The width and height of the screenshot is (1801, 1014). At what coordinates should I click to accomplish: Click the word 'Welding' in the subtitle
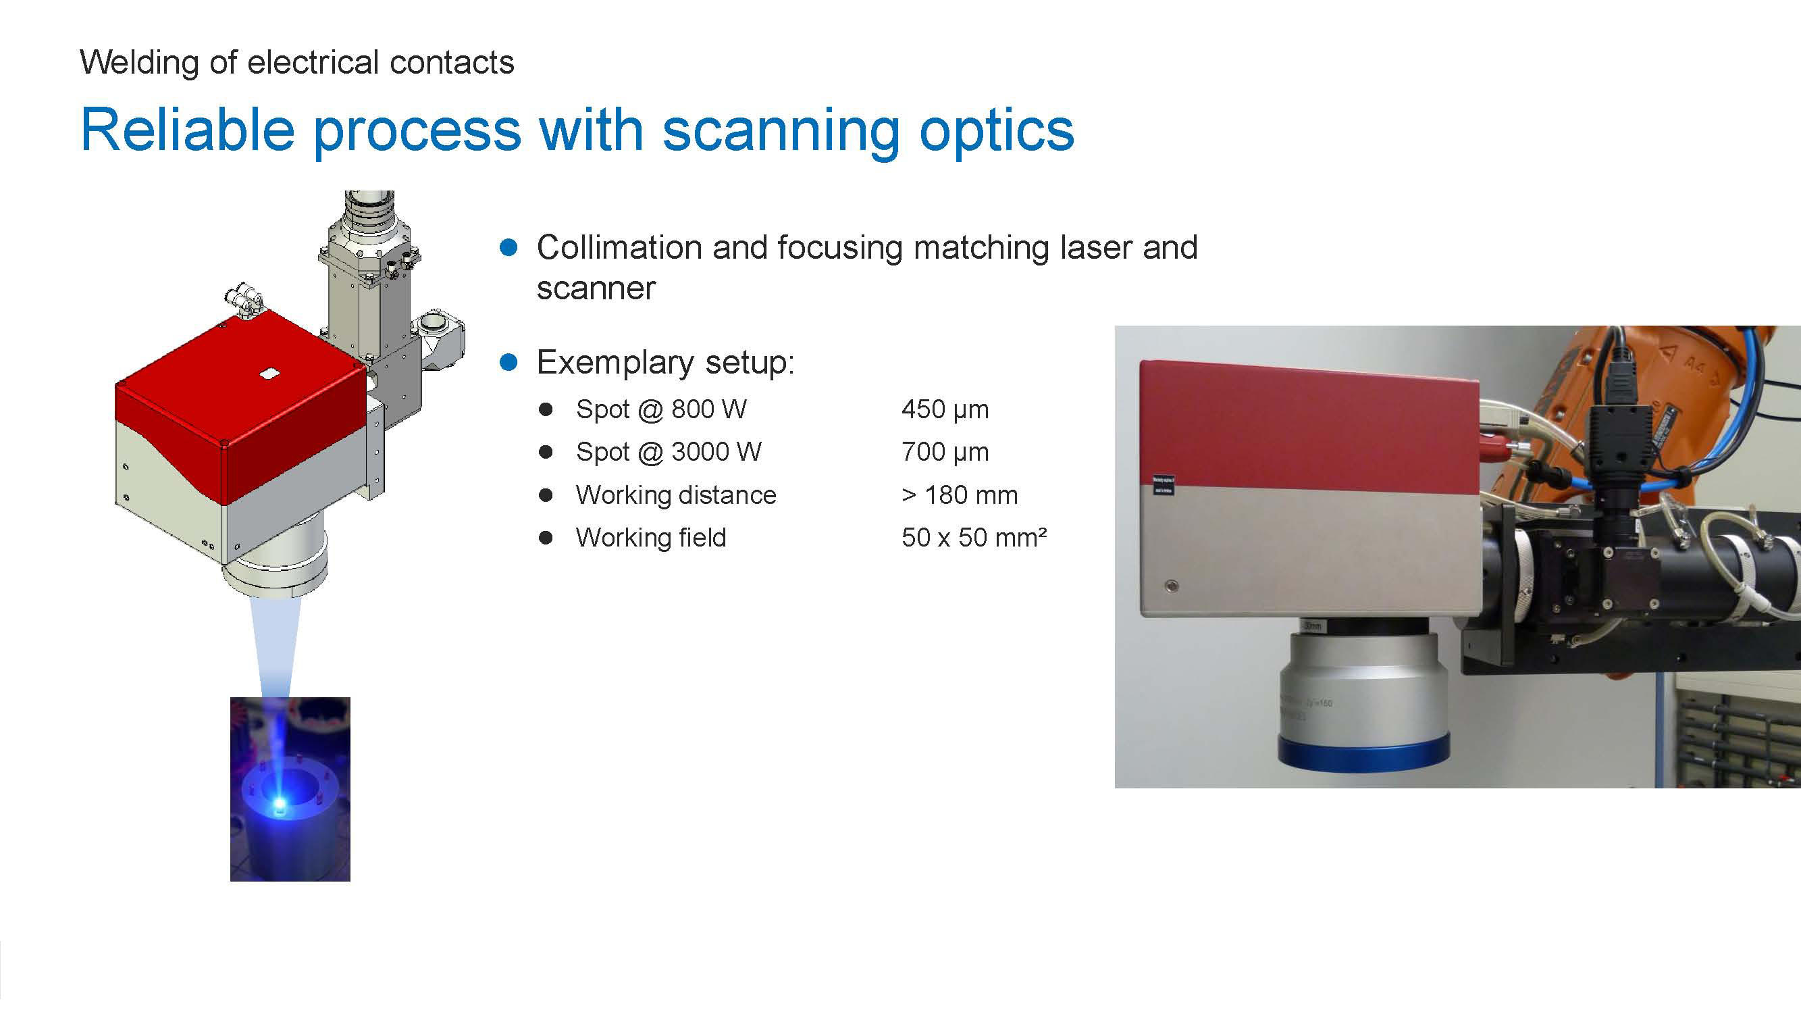pos(140,63)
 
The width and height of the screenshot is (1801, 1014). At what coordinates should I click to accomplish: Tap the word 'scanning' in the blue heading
pos(781,131)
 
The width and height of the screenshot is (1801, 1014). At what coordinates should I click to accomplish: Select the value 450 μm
pos(945,410)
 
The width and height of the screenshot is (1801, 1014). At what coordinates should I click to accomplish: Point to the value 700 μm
pos(945,453)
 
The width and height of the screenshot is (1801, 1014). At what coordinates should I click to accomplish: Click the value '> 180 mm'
pos(959,495)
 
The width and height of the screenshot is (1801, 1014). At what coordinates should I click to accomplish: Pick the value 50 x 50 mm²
pos(974,538)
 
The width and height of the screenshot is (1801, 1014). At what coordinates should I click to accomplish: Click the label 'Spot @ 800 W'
pos(661,410)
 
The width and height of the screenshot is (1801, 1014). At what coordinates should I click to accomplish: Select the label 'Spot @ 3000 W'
pos(669,453)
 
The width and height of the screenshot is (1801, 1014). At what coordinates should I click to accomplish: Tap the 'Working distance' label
pos(676,495)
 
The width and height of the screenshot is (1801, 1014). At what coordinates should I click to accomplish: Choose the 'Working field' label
pos(651,538)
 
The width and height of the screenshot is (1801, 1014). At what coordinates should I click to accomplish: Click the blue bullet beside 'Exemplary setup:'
pos(509,362)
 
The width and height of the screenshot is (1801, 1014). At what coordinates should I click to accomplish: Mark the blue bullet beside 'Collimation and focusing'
pos(509,247)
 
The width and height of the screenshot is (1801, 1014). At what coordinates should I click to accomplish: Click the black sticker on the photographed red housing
pos(1164,485)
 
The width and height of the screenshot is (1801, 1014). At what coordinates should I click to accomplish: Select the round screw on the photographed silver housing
pos(1172,586)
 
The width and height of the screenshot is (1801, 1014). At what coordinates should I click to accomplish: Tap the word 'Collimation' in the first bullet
pos(619,247)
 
